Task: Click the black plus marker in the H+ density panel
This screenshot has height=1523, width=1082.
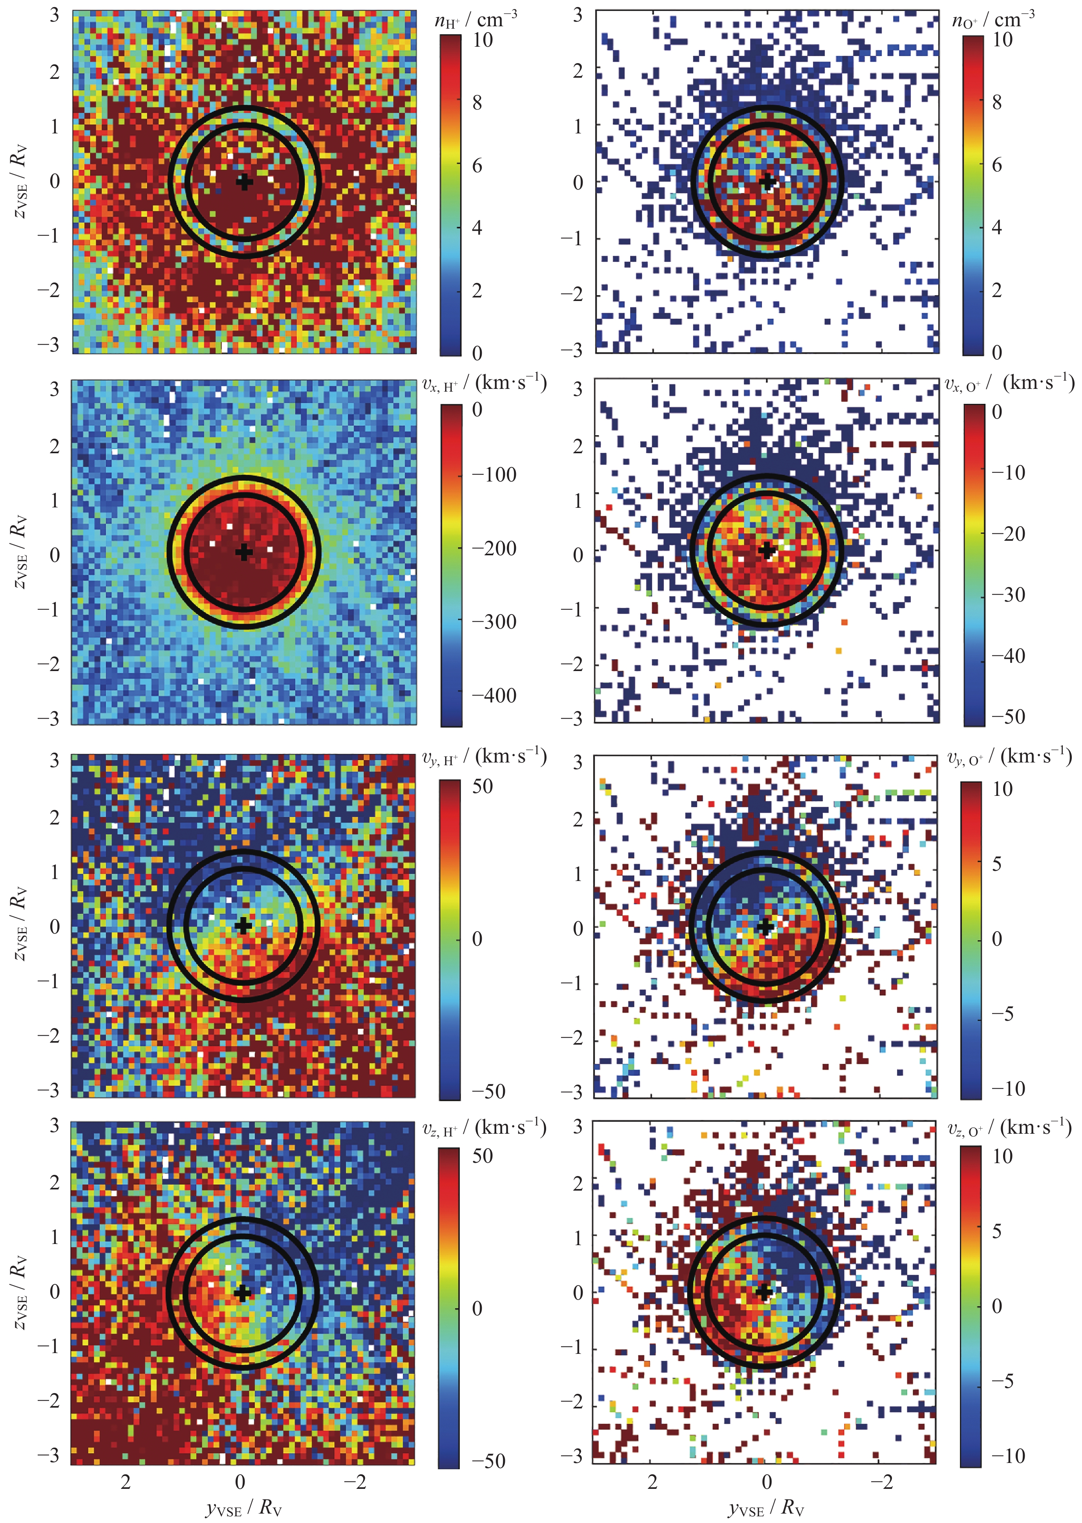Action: pos(245,181)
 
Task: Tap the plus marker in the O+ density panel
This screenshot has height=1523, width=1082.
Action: pos(768,181)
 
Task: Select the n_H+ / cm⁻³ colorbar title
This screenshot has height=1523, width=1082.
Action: pos(475,19)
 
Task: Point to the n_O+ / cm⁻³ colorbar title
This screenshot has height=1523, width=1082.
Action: pos(993,19)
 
